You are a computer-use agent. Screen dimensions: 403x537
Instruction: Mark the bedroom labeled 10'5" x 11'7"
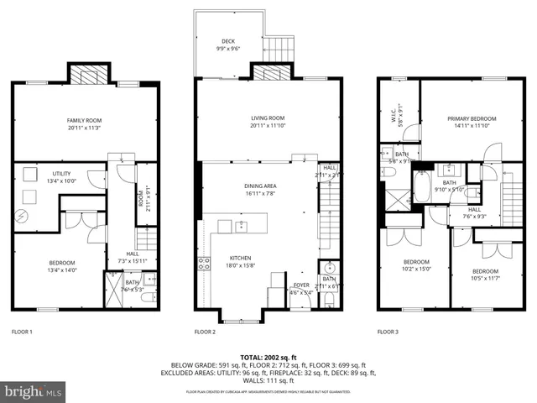(x=484, y=275)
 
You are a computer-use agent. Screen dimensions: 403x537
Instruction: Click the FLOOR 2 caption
(x=206, y=332)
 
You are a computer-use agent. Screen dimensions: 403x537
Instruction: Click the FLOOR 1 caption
(x=22, y=332)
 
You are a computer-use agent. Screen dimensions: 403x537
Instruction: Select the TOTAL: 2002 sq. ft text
(x=268, y=358)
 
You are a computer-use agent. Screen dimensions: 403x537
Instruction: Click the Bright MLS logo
(x=34, y=391)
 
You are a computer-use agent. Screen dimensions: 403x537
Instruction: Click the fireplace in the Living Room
(x=268, y=75)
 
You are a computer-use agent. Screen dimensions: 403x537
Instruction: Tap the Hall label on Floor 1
(x=133, y=257)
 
